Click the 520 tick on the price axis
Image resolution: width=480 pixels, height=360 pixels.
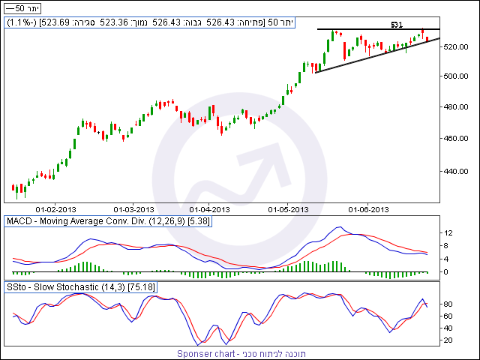click(452, 46)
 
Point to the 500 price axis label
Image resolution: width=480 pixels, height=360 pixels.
click(452, 76)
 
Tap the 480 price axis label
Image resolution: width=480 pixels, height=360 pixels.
click(452, 107)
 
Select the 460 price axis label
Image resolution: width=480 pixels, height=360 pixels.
click(452, 139)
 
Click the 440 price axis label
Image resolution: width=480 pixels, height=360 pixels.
click(452, 171)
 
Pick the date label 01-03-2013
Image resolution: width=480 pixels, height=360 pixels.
click(133, 209)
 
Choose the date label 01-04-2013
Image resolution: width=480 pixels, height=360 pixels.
click(211, 209)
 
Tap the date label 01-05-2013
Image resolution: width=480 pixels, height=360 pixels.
click(289, 209)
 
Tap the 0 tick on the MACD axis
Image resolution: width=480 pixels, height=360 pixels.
click(448, 271)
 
